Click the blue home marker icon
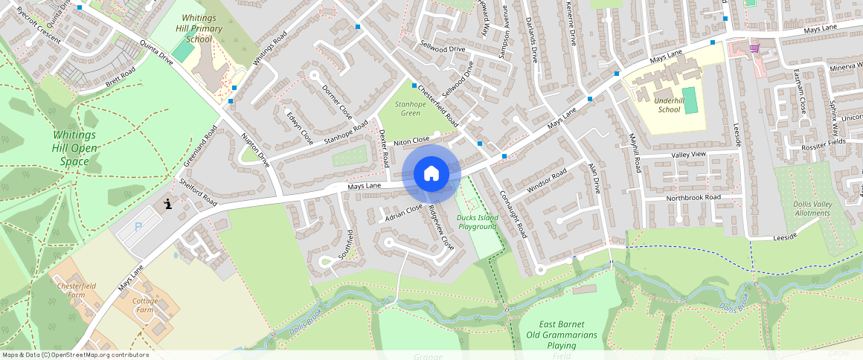[431, 174]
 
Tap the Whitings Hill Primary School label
[199, 28]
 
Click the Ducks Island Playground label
[478, 222]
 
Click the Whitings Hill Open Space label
[74, 149]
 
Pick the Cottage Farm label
[144, 305]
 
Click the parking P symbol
[138, 226]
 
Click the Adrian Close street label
[404, 213]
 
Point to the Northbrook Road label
[693, 198]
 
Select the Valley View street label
[688, 154]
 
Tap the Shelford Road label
[198, 192]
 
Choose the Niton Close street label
[411, 141]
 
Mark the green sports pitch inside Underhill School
[691, 100]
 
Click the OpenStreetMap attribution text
[74, 355]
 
